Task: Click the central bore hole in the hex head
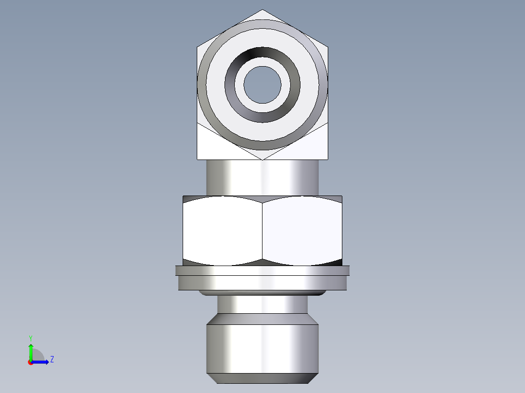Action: [x=262, y=85]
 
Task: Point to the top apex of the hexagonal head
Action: [x=262, y=11]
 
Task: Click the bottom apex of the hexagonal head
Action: [x=262, y=159]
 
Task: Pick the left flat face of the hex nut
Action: [x=223, y=231]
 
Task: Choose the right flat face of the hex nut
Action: [x=302, y=231]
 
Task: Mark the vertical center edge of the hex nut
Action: [x=262, y=231]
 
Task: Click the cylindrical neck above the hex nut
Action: [x=262, y=178]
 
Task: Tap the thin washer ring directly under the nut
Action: [x=262, y=270]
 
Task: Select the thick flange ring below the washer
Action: [x=262, y=283]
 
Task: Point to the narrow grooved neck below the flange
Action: [x=262, y=304]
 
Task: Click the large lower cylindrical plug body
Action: [x=262, y=348]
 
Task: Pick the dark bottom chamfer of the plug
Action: [x=262, y=378]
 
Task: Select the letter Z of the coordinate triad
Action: [x=52, y=359]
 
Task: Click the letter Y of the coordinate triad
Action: [x=31, y=338]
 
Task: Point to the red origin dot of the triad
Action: [x=30, y=362]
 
